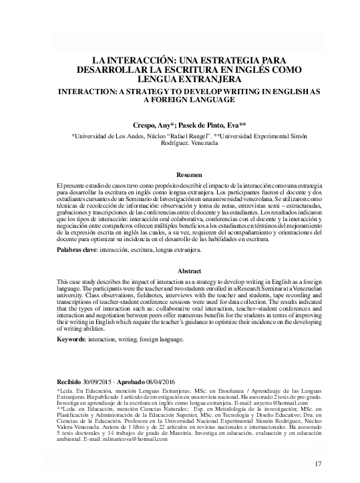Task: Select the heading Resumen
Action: click(x=180, y=174)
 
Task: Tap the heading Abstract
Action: click(x=180, y=271)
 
